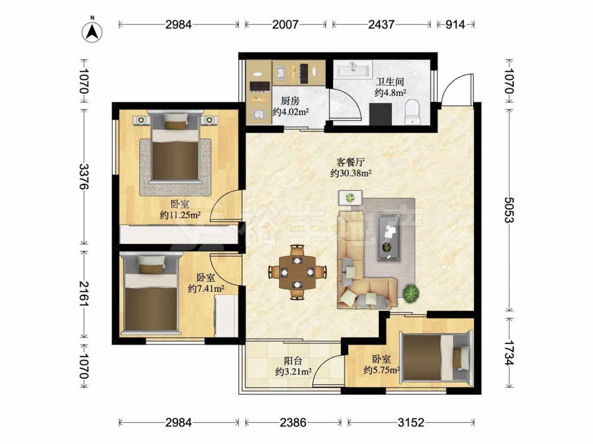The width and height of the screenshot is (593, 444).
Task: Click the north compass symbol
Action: coord(92,30)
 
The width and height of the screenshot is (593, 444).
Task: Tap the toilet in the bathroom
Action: coord(412,112)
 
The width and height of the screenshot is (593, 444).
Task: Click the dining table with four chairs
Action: coord(298,272)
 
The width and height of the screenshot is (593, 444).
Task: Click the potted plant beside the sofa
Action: coord(411,293)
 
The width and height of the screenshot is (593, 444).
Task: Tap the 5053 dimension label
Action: coord(509,210)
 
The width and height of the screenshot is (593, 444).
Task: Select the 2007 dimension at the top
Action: coord(286,24)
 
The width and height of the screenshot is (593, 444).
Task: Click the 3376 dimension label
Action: coord(84,176)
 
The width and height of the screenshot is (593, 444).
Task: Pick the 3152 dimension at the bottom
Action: coord(411,422)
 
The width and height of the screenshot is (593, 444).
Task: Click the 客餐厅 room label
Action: coord(350,162)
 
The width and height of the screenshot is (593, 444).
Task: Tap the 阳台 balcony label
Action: coord(293,361)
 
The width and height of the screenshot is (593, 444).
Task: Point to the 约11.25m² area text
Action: coord(180,215)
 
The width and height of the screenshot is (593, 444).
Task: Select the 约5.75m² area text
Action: coord(382,370)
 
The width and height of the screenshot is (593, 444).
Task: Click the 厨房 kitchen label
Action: coord(291,101)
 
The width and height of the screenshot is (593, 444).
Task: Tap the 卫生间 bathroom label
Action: coord(390,82)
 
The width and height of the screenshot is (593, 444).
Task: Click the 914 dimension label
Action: coord(455,24)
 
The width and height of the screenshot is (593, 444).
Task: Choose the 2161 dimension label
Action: coord(84,294)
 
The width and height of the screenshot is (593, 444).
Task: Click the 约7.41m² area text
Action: coord(206,289)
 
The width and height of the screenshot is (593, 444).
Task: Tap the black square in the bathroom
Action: coord(381,114)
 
